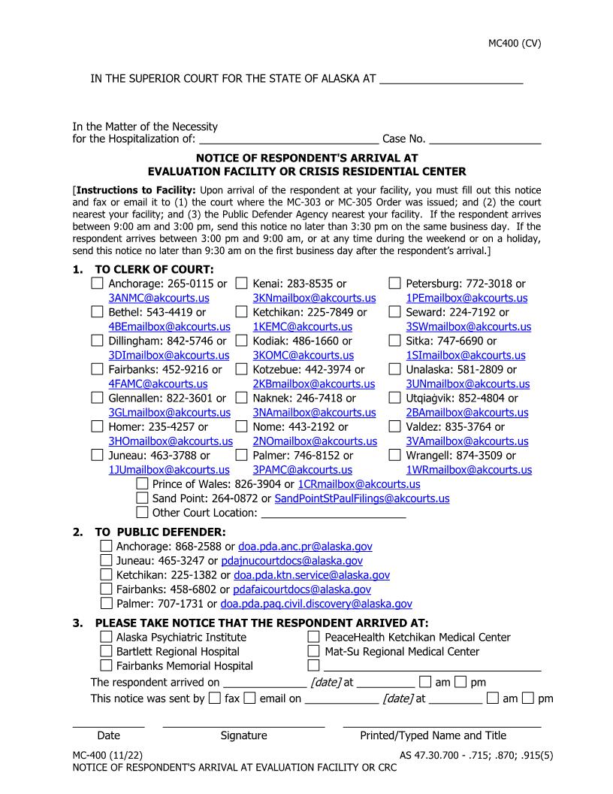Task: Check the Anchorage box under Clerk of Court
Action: (x=98, y=283)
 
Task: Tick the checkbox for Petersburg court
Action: (x=395, y=283)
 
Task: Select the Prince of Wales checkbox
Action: (x=142, y=484)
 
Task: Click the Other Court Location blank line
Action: (x=333, y=513)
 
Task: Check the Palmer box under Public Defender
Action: (x=107, y=604)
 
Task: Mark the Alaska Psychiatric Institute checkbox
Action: (x=107, y=638)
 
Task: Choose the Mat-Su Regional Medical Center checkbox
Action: (x=314, y=652)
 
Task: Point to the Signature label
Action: (x=243, y=735)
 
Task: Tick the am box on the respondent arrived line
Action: (x=425, y=683)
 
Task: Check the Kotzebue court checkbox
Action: (x=242, y=369)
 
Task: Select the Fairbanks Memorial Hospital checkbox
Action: (x=107, y=666)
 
